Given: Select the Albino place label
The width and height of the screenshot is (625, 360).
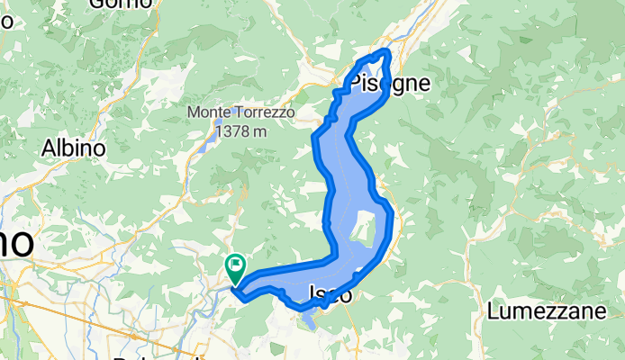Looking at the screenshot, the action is tap(75, 148).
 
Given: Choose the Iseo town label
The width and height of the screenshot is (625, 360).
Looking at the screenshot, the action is tap(330, 293).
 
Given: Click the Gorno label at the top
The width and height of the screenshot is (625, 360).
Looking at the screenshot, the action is tap(119, 4).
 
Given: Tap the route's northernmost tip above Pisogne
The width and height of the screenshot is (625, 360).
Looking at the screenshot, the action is tap(387, 52).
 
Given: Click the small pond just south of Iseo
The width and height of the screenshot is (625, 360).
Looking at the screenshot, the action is tap(308, 318).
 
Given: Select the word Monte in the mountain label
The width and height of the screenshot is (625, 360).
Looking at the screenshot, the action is tap(207, 113).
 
